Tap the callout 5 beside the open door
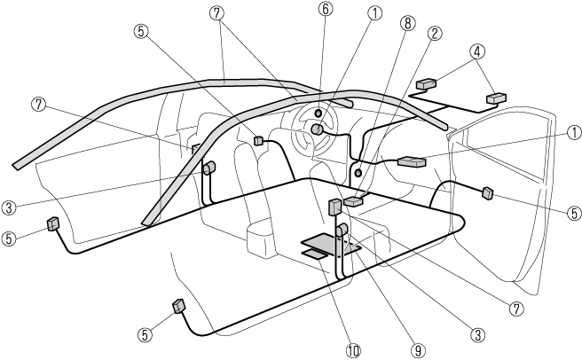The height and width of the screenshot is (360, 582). coord(572,213)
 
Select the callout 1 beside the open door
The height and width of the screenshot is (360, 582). coord(572,132)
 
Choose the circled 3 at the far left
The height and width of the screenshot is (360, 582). coord(9,208)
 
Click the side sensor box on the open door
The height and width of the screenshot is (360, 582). coord(487,192)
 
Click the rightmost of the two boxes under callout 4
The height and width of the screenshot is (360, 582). coord(495,98)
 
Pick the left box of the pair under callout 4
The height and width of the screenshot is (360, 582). coord(427,84)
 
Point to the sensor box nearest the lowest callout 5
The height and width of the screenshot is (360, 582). coord(179,307)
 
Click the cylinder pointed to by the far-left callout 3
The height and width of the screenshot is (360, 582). coord(212,168)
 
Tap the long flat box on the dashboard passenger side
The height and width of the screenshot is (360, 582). coord(413,162)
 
